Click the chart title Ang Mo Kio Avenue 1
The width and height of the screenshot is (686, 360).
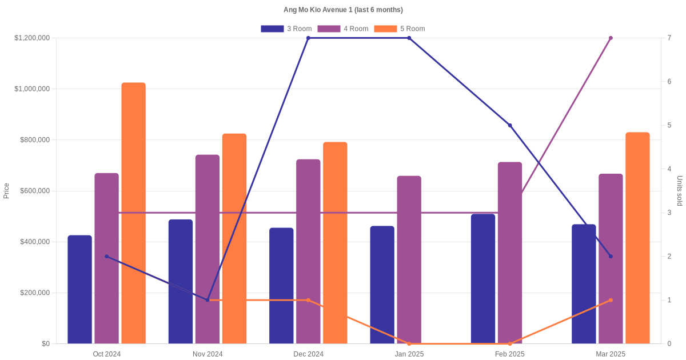click(x=343, y=10)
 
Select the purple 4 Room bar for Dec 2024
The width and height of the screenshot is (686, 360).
click(x=308, y=251)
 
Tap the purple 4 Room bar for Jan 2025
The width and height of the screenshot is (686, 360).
click(x=409, y=260)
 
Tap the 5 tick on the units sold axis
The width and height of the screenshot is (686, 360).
click(x=669, y=125)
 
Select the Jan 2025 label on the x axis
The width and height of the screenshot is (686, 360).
click(x=409, y=354)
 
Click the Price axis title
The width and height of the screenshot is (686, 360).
click(x=6, y=191)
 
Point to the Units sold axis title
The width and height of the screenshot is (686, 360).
click(x=679, y=191)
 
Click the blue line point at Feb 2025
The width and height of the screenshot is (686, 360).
click(x=510, y=125)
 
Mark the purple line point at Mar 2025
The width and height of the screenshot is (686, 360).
click(x=611, y=38)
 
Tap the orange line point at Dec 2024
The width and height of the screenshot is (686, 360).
click(x=308, y=300)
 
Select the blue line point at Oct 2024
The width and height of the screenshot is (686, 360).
click(x=106, y=257)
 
